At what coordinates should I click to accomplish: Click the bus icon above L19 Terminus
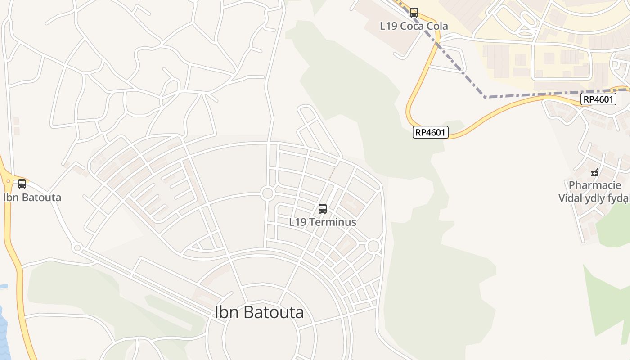[323, 209]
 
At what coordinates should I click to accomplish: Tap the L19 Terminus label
[323, 222]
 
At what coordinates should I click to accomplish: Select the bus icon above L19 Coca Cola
[414, 13]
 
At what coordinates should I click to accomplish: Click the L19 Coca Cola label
[414, 26]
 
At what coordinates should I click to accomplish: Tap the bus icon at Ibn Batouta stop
[22, 184]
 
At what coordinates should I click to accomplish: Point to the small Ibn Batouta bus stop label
[32, 198]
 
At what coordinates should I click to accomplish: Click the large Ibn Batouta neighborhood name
[259, 312]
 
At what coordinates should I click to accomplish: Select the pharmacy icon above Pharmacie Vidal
[595, 172]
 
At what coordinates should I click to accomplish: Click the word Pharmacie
[595, 185]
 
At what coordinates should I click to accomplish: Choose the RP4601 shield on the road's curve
[431, 132]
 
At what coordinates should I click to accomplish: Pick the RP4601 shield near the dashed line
[598, 99]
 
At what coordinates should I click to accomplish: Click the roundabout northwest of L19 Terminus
[268, 193]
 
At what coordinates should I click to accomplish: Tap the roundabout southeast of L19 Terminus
[373, 246]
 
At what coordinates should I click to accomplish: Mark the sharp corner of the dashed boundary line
[485, 97]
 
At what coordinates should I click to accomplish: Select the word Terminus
[336, 222]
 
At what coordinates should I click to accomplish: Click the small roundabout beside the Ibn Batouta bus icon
[8, 181]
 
